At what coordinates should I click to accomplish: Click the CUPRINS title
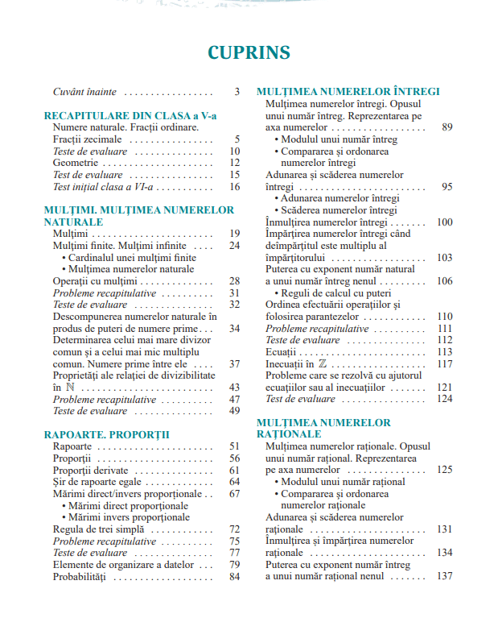point(249,52)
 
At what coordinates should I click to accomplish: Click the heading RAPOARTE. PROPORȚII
point(106,434)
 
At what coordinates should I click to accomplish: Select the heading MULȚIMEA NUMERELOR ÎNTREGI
point(348,92)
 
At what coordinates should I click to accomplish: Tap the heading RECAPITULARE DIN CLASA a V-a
point(130,116)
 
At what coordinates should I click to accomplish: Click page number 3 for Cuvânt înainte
point(237,92)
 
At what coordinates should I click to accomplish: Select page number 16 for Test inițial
point(234,186)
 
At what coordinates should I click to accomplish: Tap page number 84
point(234,576)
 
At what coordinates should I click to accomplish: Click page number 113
point(444,351)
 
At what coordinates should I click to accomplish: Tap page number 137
point(444,576)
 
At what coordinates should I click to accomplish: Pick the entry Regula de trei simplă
point(98,529)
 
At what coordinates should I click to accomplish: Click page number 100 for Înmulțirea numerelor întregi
point(444,222)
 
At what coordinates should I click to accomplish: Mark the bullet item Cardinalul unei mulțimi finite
point(132,257)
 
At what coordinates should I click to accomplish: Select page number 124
point(444,398)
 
